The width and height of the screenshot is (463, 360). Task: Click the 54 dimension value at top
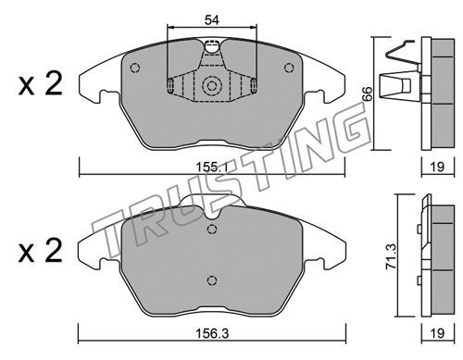[x=212, y=20]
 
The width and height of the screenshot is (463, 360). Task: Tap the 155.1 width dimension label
[x=212, y=168]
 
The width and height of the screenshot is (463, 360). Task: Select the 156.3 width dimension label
[x=212, y=333]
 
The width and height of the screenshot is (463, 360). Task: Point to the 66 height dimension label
[x=368, y=93]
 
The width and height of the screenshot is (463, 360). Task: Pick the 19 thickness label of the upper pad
[x=437, y=167]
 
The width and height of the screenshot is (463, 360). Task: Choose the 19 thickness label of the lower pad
[x=437, y=333]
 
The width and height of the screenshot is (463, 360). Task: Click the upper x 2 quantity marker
[x=41, y=83]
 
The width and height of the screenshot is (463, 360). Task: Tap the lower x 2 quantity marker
[x=41, y=251]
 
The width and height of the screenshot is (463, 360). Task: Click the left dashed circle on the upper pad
[x=135, y=68]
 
